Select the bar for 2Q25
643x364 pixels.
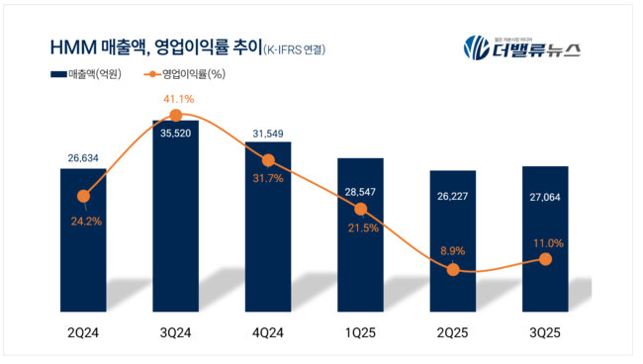(453, 247)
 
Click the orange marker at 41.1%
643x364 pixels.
(176, 115)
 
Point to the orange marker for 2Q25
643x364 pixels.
(453, 269)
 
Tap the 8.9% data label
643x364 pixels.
(453, 248)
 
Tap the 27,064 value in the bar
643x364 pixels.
(546, 183)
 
